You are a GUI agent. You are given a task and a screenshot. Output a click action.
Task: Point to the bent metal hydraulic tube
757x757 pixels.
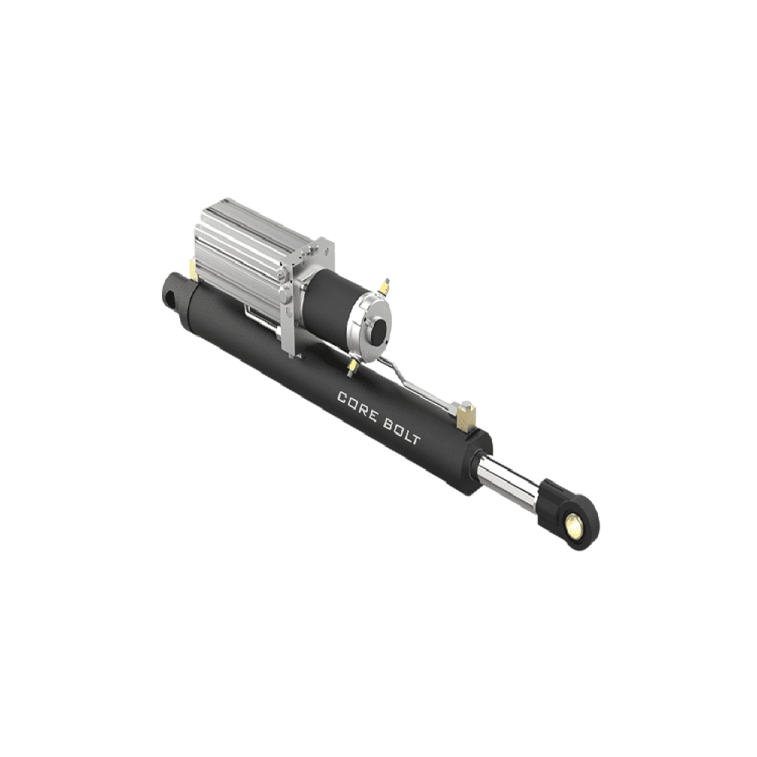[x=409, y=378]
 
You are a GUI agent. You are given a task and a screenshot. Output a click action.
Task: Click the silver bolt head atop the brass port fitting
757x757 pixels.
[x=467, y=401]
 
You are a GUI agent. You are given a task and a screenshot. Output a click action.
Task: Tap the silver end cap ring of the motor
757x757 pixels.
[x=367, y=322]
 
